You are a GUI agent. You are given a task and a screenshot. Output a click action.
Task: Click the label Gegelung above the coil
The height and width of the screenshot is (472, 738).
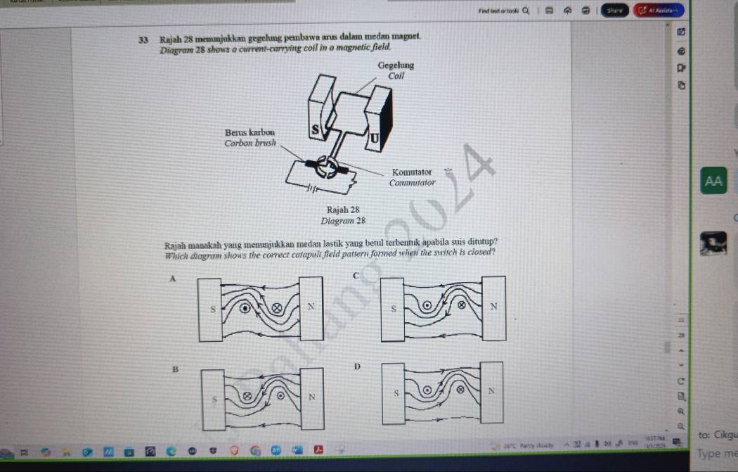click(396, 65)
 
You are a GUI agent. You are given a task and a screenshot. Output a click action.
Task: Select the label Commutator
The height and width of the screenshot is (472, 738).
click(413, 183)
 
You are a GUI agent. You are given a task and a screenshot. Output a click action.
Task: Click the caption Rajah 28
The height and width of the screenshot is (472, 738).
click(344, 210)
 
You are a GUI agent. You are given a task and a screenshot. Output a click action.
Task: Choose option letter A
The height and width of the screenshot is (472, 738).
click(171, 279)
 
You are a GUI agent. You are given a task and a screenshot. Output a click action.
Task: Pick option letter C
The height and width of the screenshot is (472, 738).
click(356, 275)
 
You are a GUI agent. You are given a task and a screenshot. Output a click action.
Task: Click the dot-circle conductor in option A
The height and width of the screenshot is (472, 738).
click(245, 307)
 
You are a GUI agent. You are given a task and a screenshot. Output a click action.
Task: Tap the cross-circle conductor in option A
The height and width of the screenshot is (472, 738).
click(276, 307)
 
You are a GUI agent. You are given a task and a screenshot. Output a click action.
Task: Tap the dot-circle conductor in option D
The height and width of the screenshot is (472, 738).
click(426, 389)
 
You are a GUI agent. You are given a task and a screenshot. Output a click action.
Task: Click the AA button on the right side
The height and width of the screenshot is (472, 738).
click(713, 181)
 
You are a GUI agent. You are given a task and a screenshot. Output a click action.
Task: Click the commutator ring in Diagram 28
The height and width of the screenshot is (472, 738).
click(325, 167)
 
